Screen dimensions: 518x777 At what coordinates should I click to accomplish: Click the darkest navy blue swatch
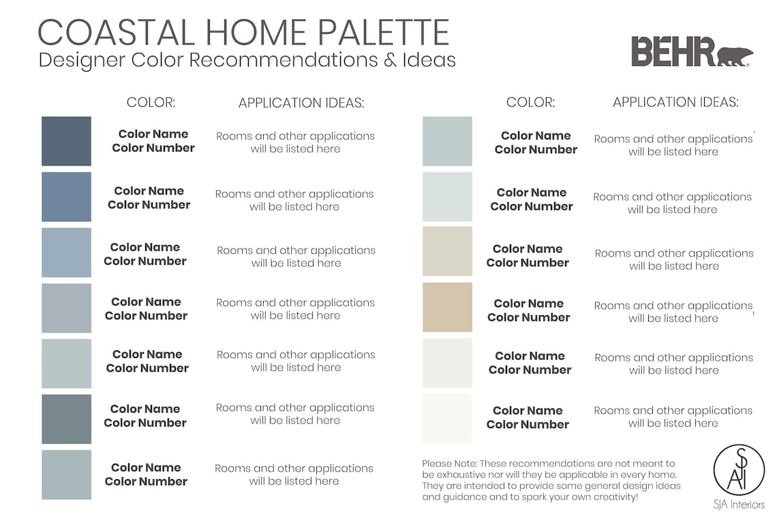coord(66,141)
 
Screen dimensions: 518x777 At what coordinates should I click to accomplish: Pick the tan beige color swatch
coord(447,308)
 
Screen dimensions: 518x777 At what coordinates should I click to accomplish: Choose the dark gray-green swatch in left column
coord(66,419)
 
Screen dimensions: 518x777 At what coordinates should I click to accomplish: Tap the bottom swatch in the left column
coord(66,474)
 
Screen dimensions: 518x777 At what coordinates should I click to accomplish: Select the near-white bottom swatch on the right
coord(447,418)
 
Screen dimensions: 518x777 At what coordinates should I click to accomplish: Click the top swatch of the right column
coord(447,141)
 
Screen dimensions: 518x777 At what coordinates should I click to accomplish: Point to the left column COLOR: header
coord(151,103)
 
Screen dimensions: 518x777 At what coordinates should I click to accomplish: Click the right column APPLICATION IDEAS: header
coord(675,102)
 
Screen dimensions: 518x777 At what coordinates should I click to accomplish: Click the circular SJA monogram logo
coord(739,470)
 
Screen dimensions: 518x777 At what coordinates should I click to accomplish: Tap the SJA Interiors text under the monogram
coord(739,504)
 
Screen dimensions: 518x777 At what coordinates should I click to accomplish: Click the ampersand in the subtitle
coord(390,60)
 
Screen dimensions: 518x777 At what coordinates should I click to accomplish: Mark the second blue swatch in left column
coord(66,197)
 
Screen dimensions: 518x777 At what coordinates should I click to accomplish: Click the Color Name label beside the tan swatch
coord(528,304)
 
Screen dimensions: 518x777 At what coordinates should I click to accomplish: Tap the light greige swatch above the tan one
coord(447,251)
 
